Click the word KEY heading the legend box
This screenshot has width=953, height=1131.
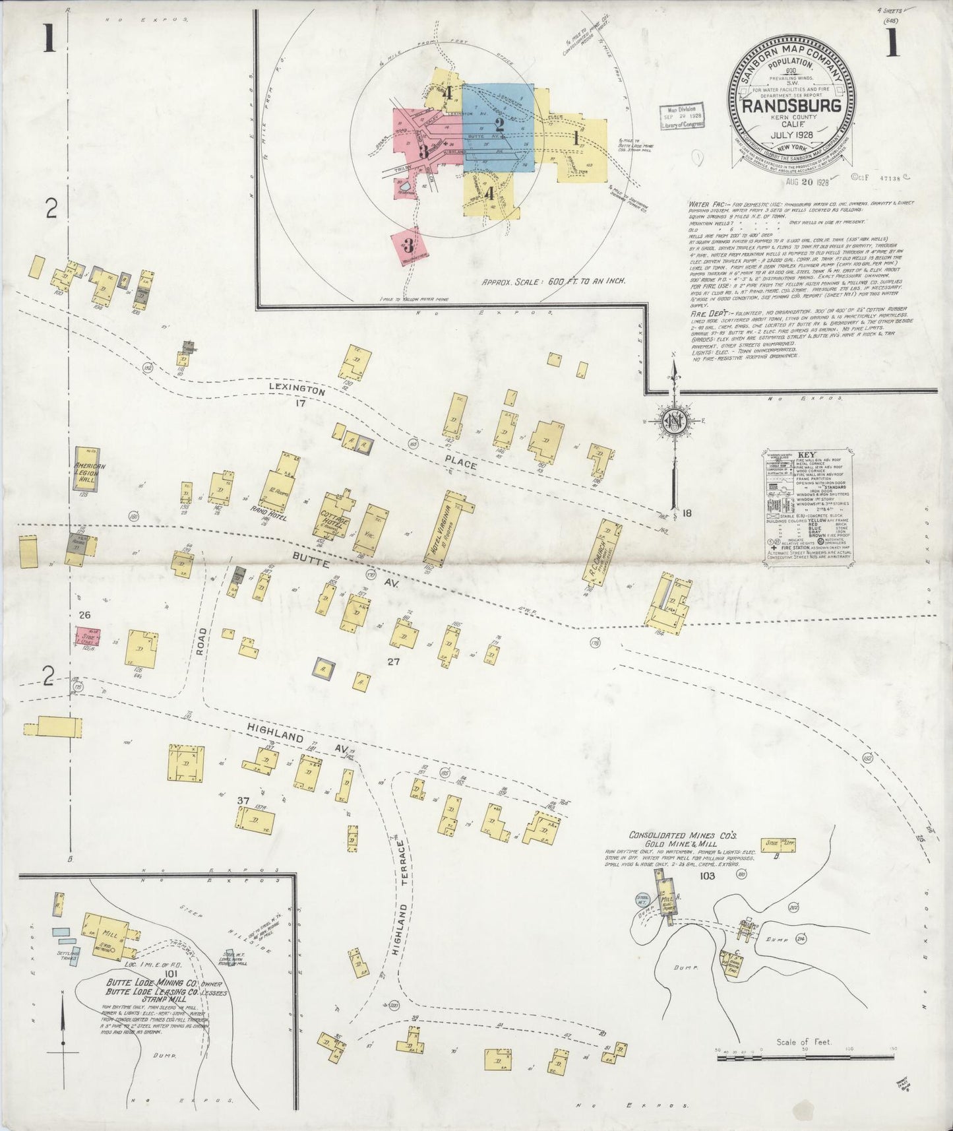tap(807, 455)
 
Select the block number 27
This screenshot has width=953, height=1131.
tap(394, 661)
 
